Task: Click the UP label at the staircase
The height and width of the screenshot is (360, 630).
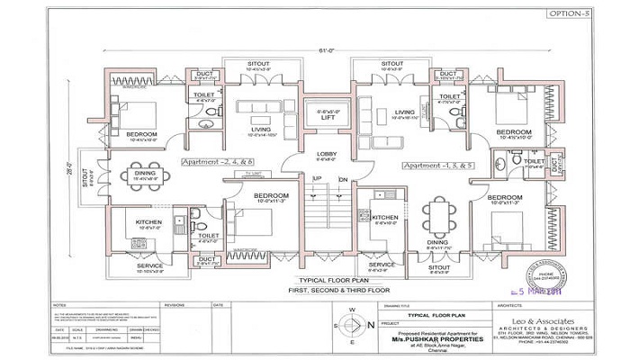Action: (x=316, y=178)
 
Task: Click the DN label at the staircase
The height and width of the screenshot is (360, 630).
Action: (x=342, y=178)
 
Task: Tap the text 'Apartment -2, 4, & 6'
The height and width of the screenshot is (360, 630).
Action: (x=217, y=162)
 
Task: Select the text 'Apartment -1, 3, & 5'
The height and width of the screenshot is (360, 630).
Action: (x=427, y=166)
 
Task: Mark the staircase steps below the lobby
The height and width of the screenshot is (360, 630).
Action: (x=328, y=225)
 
